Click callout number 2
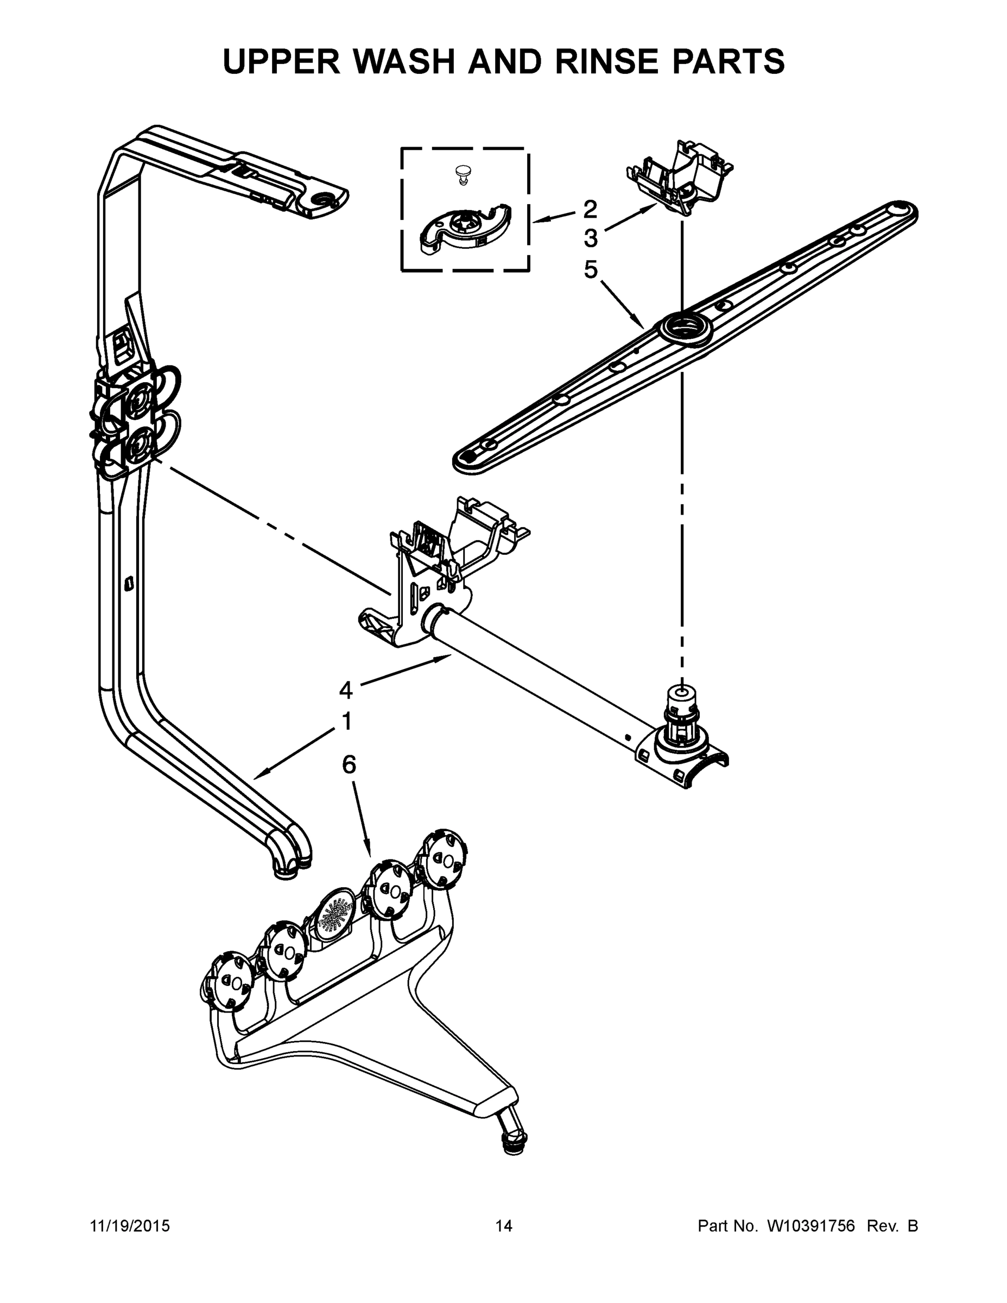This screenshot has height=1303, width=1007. [x=590, y=209]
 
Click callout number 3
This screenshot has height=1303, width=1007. [x=590, y=239]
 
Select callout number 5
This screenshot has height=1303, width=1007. [x=590, y=270]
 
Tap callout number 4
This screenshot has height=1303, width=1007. [x=346, y=690]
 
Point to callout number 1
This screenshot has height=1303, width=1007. [x=346, y=722]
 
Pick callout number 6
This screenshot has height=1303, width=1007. [x=349, y=764]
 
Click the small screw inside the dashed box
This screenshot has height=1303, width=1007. [x=461, y=174]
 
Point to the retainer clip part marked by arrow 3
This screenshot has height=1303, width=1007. [x=680, y=176]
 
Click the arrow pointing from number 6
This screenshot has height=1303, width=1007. [x=362, y=817]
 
